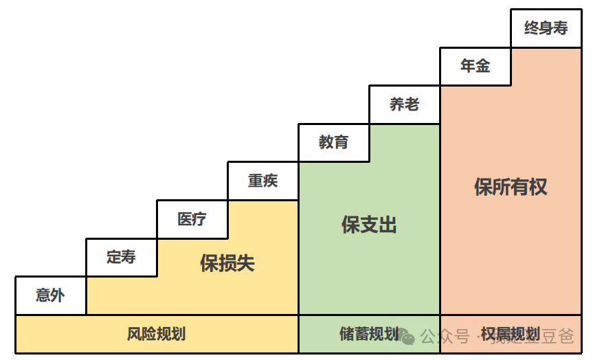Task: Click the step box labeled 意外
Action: [x=51, y=295]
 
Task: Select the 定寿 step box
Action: [x=122, y=257]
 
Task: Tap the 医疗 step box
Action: [x=192, y=219]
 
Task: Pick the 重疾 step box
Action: [x=263, y=181]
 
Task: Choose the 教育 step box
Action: [x=334, y=142]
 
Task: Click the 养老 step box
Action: [x=405, y=104]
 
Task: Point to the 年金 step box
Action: [x=475, y=66]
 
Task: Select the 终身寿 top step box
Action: [x=546, y=28]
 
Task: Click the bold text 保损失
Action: [x=227, y=263]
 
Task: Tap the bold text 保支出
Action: [x=370, y=225]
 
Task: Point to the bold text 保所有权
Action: [x=511, y=187]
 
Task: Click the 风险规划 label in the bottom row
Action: [x=157, y=335]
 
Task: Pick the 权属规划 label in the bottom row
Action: [x=510, y=335]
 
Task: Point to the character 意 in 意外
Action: [x=43, y=295]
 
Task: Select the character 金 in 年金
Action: [x=483, y=66]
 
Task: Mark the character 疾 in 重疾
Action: [x=271, y=181]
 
